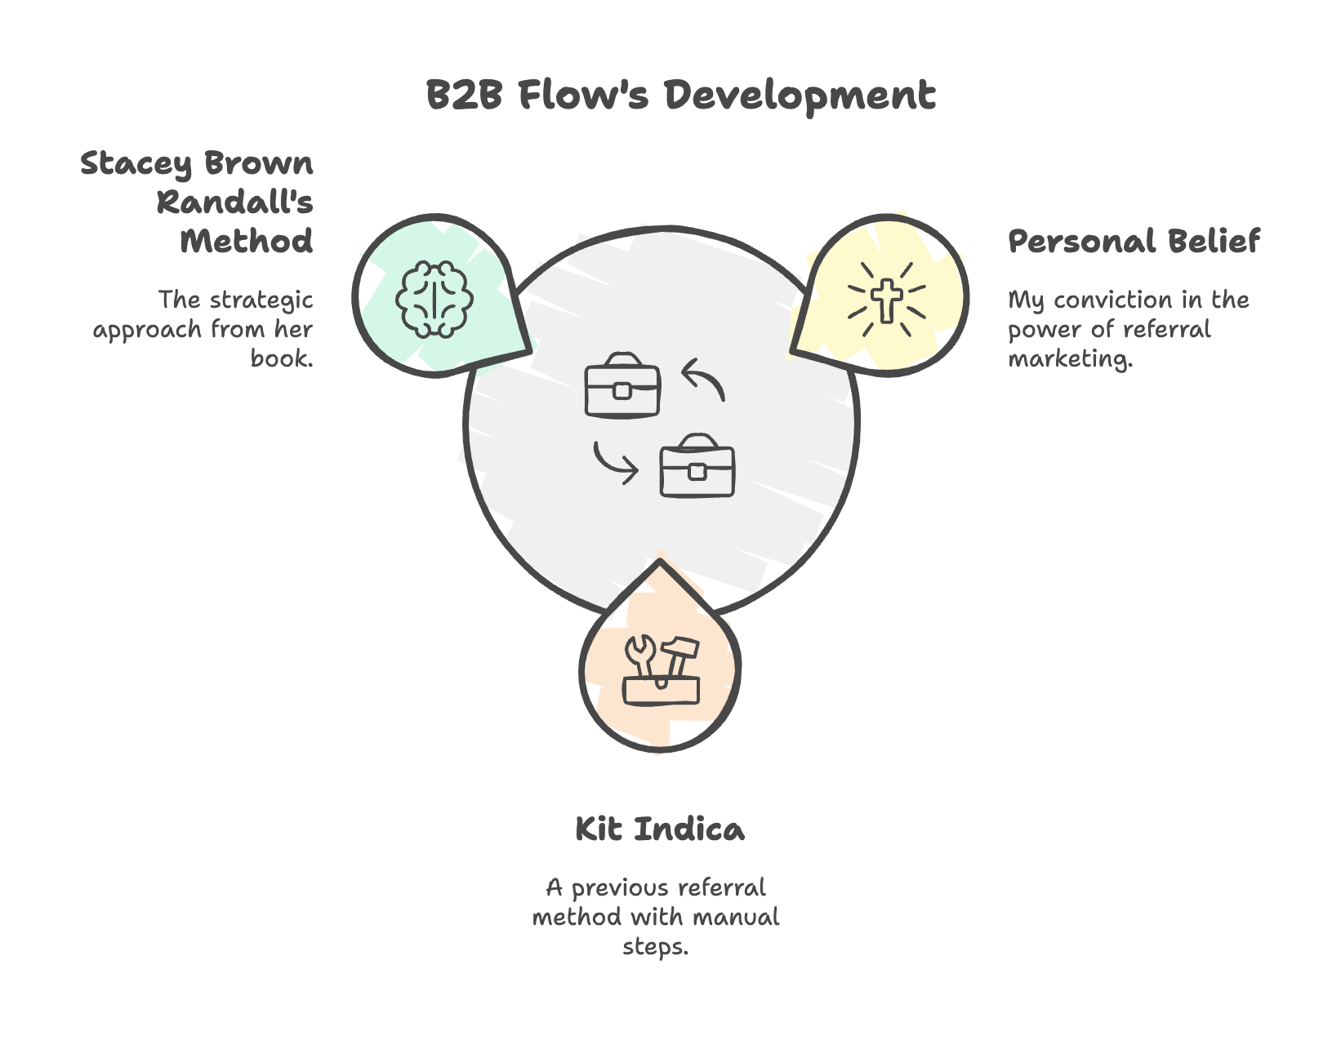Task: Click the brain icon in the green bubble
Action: pyautogui.click(x=434, y=299)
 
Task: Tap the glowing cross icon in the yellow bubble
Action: pyautogui.click(x=887, y=300)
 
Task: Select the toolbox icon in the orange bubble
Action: pyautogui.click(x=661, y=670)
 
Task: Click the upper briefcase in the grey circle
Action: pyautogui.click(x=622, y=385)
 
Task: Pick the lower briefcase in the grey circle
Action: pyautogui.click(x=697, y=465)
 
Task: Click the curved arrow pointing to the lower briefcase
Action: pyautogui.click(x=613, y=464)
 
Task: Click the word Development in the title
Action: pyautogui.click(x=800, y=96)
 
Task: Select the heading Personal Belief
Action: pyautogui.click(x=1134, y=241)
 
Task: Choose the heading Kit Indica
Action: pyautogui.click(x=660, y=829)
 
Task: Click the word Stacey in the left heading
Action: pyautogui.click(x=136, y=164)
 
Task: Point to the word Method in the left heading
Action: pyautogui.click(x=246, y=241)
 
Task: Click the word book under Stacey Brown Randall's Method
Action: pyautogui.click(x=282, y=358)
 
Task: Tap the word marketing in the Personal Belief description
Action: pyautogui.click(x=1070, y=359)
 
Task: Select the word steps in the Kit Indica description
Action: pyautogui.click(x=655, y=947)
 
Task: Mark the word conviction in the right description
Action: pyautogui.click(x=1112, y=300)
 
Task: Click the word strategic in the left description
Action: pyautogui.click(x=261, y=300)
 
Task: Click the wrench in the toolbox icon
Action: pyautogui.click(x=639, y=656)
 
